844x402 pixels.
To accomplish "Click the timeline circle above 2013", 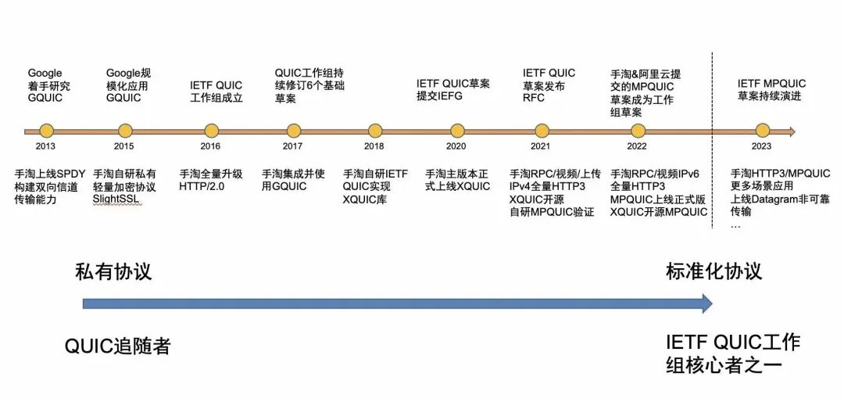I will click(x=46, y=131).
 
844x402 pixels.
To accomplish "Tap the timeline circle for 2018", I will click(x=375, y=131).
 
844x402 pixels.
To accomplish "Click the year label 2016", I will click(x=211, y=146).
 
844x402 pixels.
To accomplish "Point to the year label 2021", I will click(x=539, y=146).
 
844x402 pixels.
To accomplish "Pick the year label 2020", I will click(x=457, y=146).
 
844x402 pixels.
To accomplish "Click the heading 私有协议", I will click(x=113, y=271).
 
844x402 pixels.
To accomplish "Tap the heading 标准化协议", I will click(x=713, y=271).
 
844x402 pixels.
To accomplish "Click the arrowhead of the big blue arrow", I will click(x=706, y=303).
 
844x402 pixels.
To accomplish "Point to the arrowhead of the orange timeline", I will click(x=791, y=131).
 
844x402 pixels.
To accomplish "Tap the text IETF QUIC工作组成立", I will click(x=216, y=92).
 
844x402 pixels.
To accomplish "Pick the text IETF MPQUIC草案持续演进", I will click(x=771, y=90).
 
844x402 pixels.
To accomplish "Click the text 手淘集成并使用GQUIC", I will click(x=294, y=180).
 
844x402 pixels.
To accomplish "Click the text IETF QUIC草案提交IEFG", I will click(x=452, y=89).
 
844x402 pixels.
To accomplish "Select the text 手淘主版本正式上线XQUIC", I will click(x=457, y=180).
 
